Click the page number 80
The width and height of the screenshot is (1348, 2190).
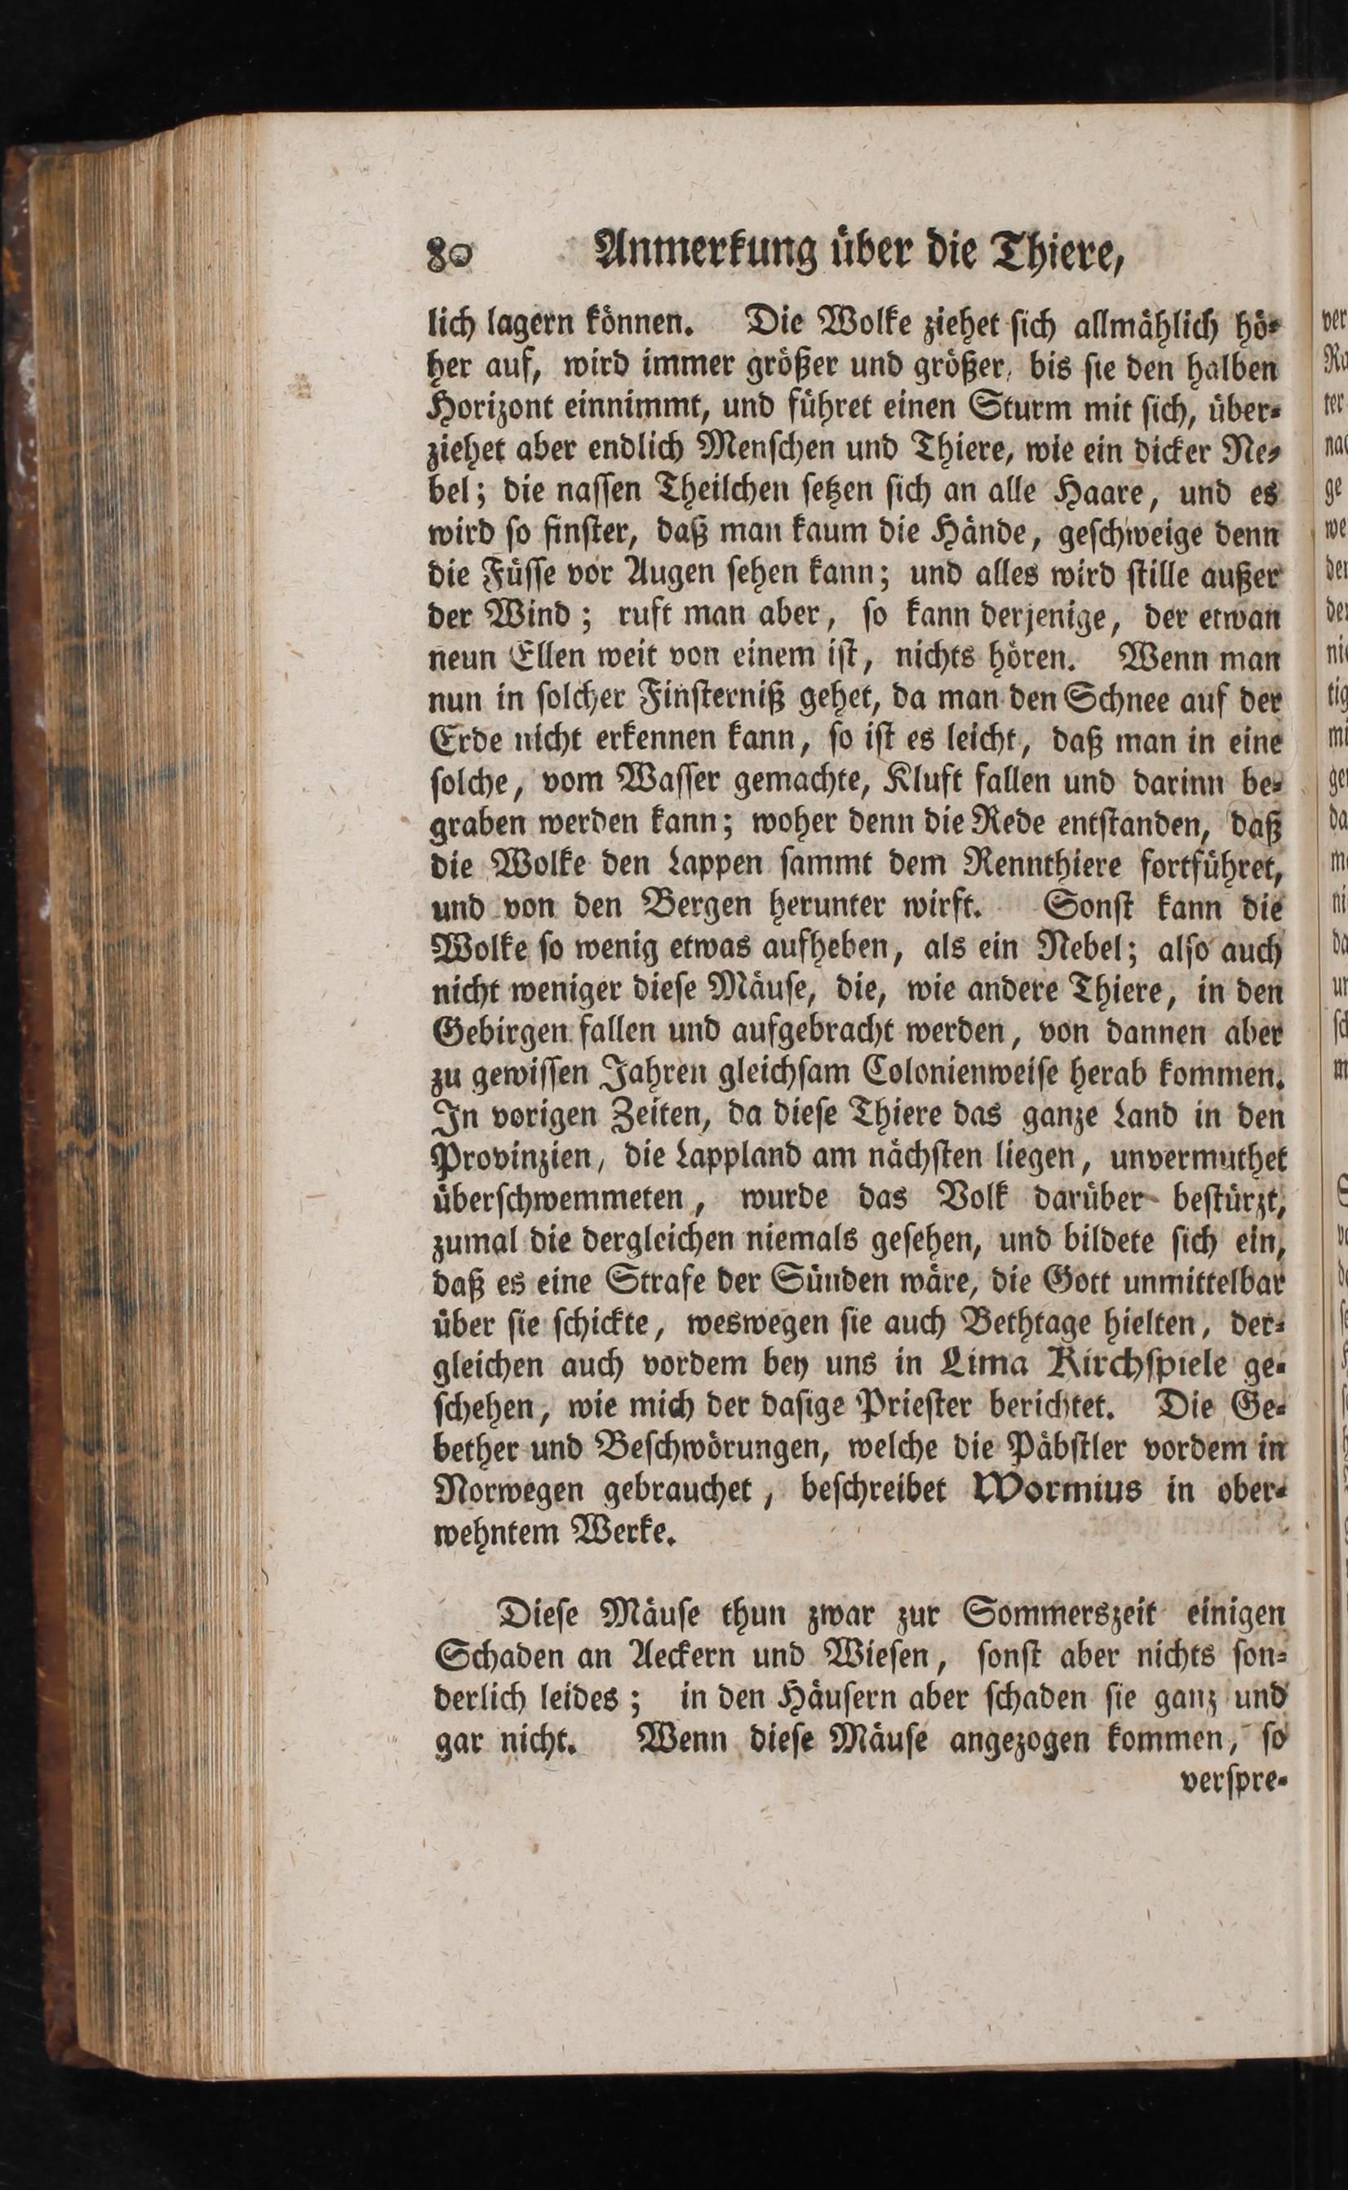pos(452,253)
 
